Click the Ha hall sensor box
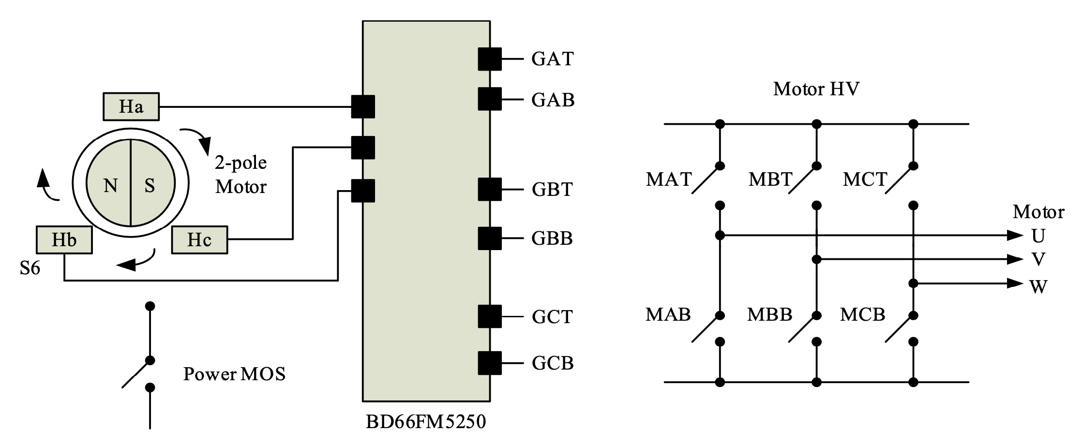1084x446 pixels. [131, 106]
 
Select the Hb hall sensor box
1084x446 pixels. [64, 239]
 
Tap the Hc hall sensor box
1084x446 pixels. [199, 239]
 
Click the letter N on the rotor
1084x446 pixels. [110, 185]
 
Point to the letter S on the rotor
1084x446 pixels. [150, 185]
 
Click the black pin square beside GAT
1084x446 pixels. [490, 59]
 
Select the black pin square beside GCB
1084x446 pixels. [490, 363]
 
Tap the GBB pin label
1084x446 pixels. [552, 238]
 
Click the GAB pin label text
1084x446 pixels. [553, 100]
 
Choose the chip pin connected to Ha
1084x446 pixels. [362, 106]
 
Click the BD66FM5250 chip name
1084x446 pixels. [425, 422]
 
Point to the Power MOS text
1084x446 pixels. [234, 374]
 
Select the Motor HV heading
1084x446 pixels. [816, 89]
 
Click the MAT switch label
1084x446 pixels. [669, 179]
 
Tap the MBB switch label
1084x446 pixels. [769, 314]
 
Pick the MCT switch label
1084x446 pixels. [865, 179]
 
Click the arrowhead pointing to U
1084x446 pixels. [1014, 236]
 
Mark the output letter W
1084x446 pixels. [1039, 287]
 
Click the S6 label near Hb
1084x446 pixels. [30, 268]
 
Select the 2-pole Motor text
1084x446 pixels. [241, 175]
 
